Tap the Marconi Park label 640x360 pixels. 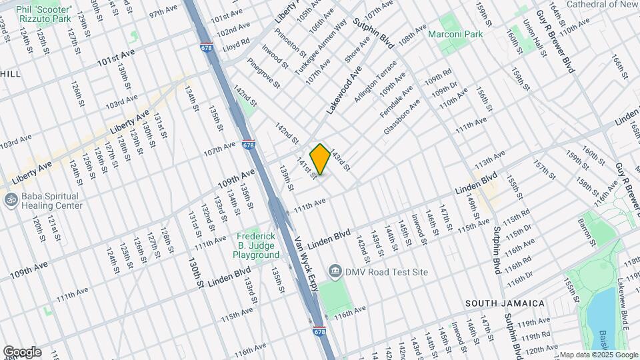tap(455, 33)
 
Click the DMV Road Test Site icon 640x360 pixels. tap(335, 271)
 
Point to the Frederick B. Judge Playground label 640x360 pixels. tap(257, 245)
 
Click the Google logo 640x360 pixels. tap(22, 352)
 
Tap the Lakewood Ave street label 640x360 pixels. tap(343, 89)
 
